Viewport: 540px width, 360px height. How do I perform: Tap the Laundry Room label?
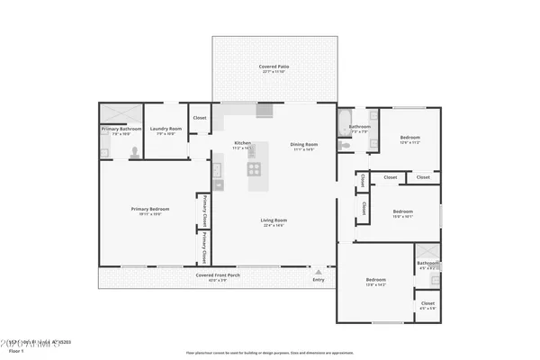pos(166,129)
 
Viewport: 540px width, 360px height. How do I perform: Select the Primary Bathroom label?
pos(121,129)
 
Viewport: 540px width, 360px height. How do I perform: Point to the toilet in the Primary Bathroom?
pos(134,153)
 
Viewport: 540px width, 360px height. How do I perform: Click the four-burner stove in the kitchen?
pos(254,168)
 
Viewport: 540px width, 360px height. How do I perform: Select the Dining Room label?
pos(303,144)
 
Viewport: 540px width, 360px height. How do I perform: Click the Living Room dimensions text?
pos(274,225)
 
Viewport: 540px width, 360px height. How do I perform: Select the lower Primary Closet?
pos(205,245)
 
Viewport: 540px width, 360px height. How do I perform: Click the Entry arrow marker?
pos(317,268)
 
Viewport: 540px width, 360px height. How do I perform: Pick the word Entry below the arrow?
pos(318,280)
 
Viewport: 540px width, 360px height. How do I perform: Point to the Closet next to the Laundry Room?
pos(200,118)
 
